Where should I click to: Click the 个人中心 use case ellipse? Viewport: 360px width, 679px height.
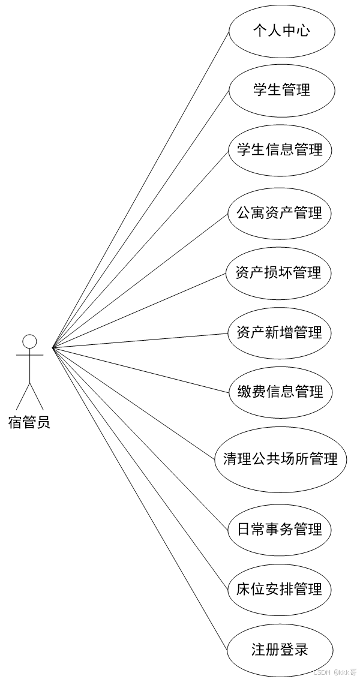(x=281, y=31)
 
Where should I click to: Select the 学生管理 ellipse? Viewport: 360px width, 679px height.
(x=281, y=90)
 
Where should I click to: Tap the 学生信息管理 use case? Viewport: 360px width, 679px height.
(x=280, y=149)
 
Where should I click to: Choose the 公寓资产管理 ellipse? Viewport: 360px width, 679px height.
(x=280, y=213)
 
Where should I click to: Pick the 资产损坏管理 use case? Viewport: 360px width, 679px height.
(x=280, y=273)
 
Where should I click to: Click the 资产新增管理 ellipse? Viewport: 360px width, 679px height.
(x=280, y=332)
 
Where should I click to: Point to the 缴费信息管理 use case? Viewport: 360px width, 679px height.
(x=280, y=392)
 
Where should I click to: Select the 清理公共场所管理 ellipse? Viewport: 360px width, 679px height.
(x=280, y=459)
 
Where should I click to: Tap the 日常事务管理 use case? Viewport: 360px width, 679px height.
(x=280, y=529)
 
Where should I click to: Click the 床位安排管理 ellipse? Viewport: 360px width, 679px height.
(x=280, y=589)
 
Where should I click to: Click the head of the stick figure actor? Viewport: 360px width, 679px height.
(x=29, y=341)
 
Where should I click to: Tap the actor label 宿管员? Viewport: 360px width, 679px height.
(x=29, y=422)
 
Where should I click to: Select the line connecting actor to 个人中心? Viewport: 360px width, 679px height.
(x=141, y=188)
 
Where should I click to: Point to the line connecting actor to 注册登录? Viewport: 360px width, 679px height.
(x=140, y=498)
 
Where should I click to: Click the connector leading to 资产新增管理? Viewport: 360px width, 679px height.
(x=140, y=339)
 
